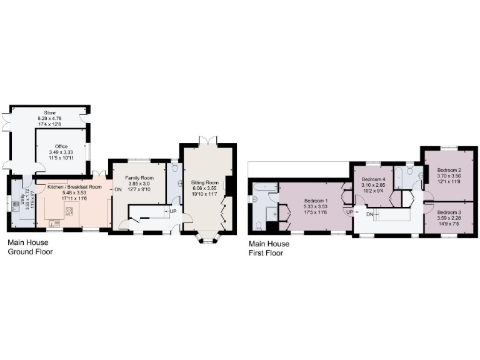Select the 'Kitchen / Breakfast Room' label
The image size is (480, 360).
coord(74,187)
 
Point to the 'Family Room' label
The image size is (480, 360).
coord(139,177)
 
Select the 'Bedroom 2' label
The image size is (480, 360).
coord(449,170)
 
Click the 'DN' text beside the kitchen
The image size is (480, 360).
coord(117,190)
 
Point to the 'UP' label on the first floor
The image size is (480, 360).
coord(350,212)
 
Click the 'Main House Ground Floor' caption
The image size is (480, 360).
coord(29,247)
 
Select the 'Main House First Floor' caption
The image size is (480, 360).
coord(269,249)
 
